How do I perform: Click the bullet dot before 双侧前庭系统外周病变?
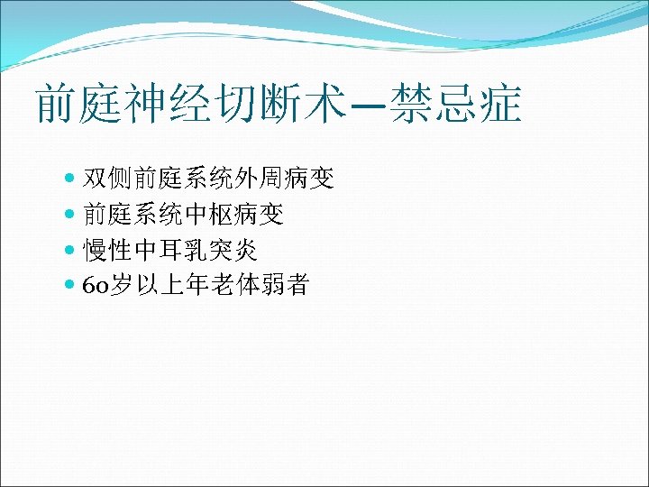coord(71,179)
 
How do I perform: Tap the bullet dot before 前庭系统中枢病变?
coord(71,215)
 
